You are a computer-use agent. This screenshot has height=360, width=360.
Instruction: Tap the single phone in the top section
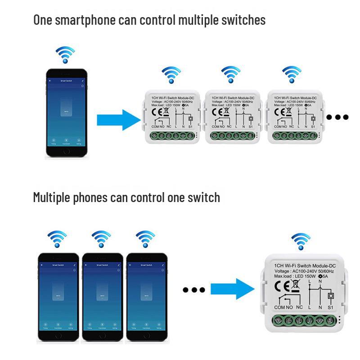coord(66,114)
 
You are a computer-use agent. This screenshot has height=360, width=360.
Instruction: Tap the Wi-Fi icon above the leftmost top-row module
coord(171,75)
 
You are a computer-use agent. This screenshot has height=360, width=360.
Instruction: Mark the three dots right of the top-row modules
coord(337,117)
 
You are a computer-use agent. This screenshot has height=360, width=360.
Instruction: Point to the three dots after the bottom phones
coord(194,290)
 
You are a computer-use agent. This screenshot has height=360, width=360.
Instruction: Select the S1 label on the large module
coord(330,307)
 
